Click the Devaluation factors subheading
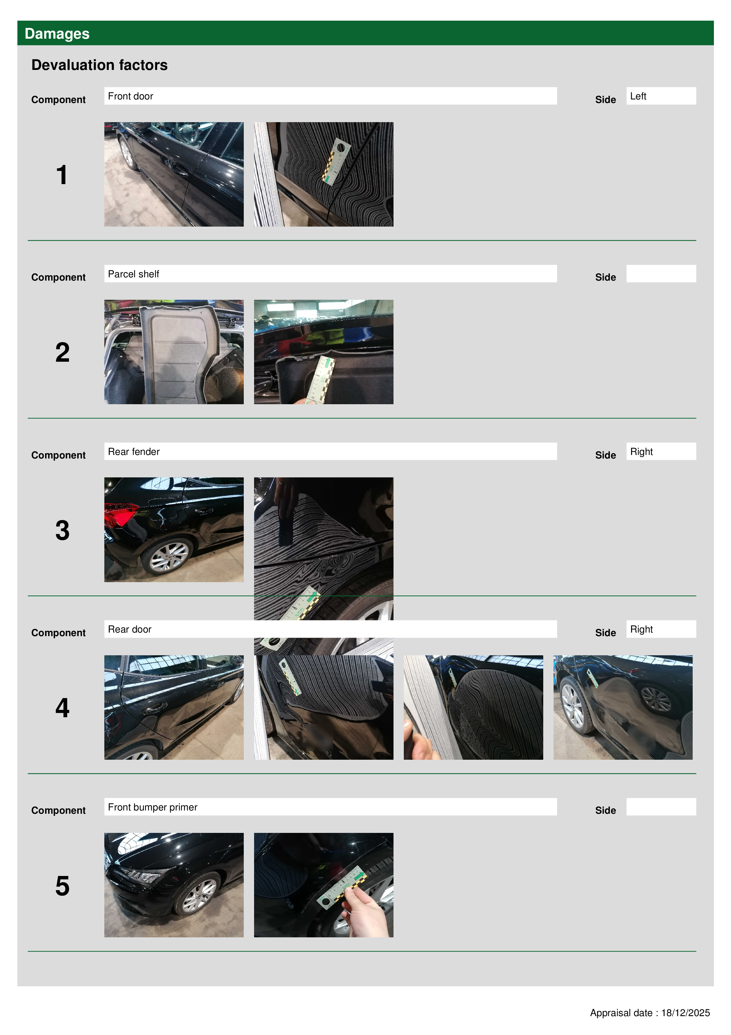100,65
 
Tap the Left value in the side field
638,96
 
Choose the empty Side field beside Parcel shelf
661,274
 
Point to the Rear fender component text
134,452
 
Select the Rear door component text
130,629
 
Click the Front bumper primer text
153,807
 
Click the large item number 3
62,530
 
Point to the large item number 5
62,886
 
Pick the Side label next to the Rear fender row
605,455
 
